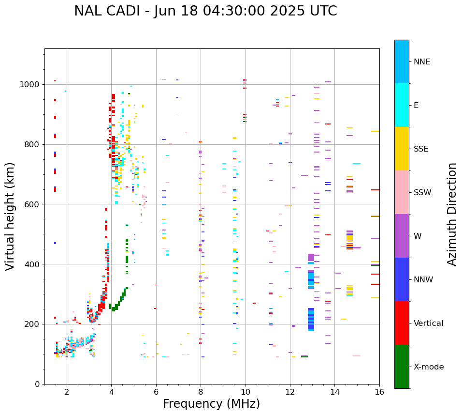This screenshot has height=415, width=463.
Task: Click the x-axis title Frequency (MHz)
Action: (x=211, y=404)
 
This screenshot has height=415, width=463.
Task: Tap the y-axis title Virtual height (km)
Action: (x=10, y=216)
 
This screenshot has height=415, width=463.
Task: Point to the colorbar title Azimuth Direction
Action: (x=452, y=214)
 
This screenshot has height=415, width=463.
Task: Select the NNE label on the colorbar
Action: (x=421, y=62)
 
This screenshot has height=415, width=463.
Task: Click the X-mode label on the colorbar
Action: (x=429, y=367)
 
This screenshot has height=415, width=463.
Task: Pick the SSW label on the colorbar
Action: (x=422, y=193)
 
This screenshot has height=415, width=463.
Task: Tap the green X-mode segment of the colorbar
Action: (x=402, y=367)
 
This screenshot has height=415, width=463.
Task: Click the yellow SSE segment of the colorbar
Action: (x=402, y=149)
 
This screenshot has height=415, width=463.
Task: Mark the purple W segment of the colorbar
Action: (x=402, y=236)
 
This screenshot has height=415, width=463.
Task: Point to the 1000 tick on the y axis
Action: (x=32, y=85)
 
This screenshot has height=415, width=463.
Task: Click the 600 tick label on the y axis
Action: (x=34, y=204)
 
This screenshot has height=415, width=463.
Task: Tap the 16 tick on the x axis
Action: (x=379, y=391)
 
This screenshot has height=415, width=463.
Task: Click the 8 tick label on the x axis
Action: (x=201, y=391)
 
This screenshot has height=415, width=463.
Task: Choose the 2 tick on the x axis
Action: (x=67, y=391)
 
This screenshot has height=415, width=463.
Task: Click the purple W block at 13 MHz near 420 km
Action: (x=311, y=257)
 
